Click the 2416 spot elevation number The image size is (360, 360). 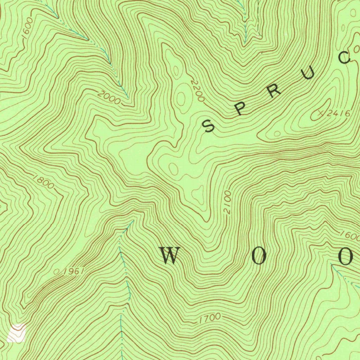340,113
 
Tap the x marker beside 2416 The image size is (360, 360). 321,113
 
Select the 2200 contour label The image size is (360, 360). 197,91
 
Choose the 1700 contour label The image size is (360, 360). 210,319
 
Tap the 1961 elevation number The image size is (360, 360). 73,271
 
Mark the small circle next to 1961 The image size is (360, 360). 57,272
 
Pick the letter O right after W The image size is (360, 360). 259,257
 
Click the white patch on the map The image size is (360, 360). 17,333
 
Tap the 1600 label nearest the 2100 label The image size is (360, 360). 349,235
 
